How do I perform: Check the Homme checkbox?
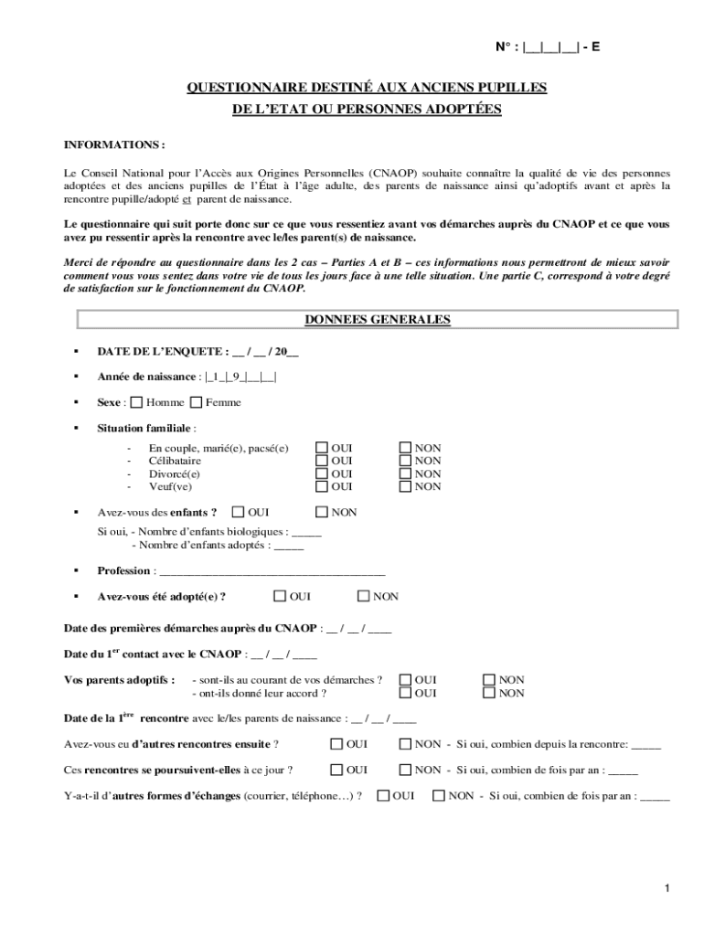pos(137,402)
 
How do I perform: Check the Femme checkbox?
pos(197,402)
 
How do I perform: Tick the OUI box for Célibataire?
pos(322,461)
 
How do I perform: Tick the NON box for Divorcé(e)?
pos(405,473)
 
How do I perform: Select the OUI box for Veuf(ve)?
pos(322,486)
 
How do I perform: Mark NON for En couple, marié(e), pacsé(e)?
pos(405,448)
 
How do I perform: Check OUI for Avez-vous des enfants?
pos(239,512)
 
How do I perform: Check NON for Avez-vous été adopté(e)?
pos(363,596)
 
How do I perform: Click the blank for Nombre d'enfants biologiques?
pos(306,531)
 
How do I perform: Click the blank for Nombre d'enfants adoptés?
pos(289,546)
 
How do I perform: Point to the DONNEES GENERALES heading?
pos(377,320)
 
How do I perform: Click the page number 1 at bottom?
pos(668,888)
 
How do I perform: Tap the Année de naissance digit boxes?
pos(240,377)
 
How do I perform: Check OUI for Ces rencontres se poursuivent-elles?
pos(336,770)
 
